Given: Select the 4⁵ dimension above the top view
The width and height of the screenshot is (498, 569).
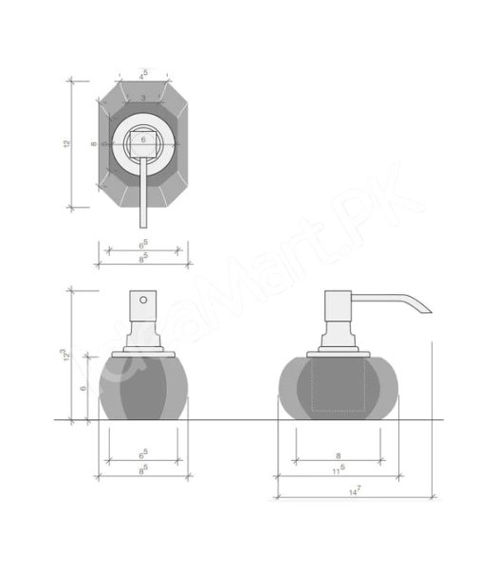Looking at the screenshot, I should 143,73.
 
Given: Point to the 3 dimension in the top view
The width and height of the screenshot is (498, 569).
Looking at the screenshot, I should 143,98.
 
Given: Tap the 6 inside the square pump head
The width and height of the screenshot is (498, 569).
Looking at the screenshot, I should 143,138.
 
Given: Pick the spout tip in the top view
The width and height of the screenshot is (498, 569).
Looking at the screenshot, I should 143,226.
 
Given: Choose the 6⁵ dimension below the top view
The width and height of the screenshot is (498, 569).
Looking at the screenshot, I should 143,245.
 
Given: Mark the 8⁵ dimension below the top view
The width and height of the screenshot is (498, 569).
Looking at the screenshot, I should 143,256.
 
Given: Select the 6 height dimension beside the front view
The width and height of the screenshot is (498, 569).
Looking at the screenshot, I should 83,387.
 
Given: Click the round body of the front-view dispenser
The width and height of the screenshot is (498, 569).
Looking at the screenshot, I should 143,384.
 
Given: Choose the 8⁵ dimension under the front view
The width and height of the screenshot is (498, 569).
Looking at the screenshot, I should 143,468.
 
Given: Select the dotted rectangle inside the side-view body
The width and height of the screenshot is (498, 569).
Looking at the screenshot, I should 340,384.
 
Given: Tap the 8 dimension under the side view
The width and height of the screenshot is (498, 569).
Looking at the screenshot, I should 340,455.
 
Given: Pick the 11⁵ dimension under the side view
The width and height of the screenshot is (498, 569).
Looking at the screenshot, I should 339,468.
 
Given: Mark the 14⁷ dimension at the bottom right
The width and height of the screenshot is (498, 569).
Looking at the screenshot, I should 353,490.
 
